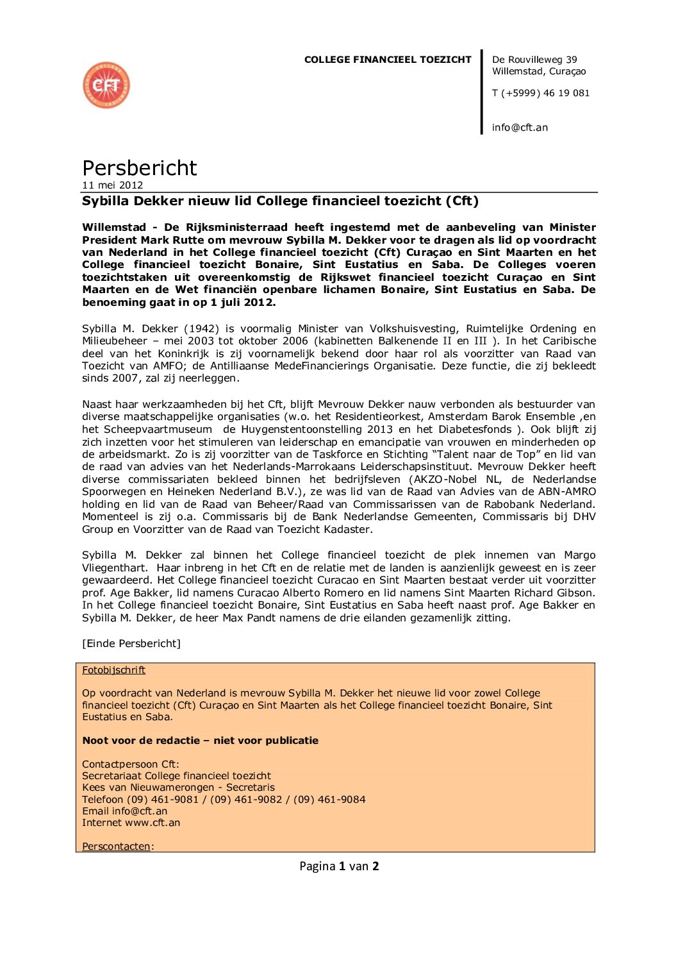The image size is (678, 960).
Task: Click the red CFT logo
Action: [x=106, y=85]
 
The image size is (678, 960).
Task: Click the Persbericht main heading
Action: [x=139, y=168]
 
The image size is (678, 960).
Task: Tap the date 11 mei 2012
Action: [x=112, y=185]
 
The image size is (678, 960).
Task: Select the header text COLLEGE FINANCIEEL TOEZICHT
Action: [x=388, y=60]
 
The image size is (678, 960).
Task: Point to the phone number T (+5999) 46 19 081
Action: [x=540, y=93]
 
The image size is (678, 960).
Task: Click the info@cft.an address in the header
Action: [x=520, y=128]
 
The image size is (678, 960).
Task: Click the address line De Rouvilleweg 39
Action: [x=534, y=60]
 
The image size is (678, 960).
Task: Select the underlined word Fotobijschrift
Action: [x=113, y=670]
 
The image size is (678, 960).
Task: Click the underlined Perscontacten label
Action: [x=116, y=846]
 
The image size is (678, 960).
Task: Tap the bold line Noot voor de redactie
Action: [x=200, y=741]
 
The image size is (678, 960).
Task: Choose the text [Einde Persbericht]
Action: [x=131, y=644]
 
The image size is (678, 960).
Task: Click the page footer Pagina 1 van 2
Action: [x=339, y=866]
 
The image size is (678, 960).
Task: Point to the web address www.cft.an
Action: [x=153, y=823]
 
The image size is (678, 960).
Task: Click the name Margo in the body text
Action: [x=579, y=555]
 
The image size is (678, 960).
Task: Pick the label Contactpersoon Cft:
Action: [x=131, y=764]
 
